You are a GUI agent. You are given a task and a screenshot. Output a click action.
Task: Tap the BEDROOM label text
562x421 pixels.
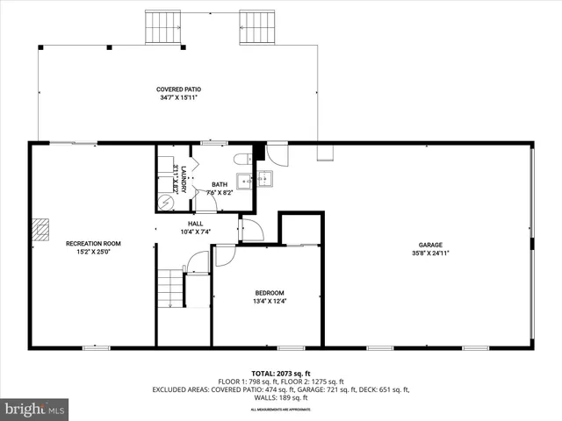tap(270, 293)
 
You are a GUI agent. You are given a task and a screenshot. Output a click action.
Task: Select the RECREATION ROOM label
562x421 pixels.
tap(93, 243)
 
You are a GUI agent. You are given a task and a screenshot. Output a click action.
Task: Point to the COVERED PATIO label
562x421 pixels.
tap(179, 89)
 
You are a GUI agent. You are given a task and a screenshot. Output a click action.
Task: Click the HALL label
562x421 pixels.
tap(195, 224)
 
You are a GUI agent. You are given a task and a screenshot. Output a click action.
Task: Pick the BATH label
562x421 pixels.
tap(220, 184)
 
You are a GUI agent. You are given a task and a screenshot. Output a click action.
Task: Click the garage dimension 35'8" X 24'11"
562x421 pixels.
tap(429, 253)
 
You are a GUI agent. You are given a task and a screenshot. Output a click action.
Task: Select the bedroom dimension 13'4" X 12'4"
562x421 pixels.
tap(270, 303)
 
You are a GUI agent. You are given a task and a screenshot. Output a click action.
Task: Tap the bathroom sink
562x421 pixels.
tap(243, 181)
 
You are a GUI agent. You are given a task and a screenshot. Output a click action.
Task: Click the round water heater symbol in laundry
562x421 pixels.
tap(165, 202)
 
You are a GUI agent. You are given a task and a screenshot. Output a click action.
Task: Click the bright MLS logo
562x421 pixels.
tap(35, 408)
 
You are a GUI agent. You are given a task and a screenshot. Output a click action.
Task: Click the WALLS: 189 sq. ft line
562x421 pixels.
tap(280, 396)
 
